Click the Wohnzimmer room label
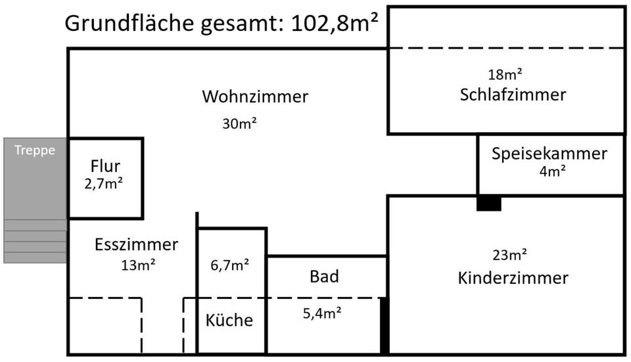[255, 97]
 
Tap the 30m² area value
[239, 124]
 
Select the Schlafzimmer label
[513, 95]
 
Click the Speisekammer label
[549, 154]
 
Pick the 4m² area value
[552, 171]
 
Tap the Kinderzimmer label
[513, 278]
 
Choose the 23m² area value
[510, 255]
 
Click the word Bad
[324, 277]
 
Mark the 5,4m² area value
[321, 313]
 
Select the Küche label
[229, 321]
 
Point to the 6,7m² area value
[229, 265]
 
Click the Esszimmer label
[136, 245]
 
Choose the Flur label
[105, 167]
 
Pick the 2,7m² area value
[105, 185]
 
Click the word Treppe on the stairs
[35, 150]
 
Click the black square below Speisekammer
[489, 204]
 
